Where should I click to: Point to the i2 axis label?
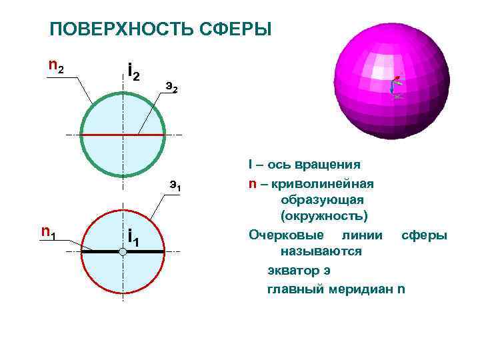(x=133, y=70)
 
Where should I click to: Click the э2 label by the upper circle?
(x=171, y=87)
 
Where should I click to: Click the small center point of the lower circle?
(x=123, y=252)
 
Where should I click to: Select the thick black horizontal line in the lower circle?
(x=143, y=251)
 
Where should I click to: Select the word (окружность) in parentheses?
(x=324, y=217)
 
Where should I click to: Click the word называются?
(x=321, y=252)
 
